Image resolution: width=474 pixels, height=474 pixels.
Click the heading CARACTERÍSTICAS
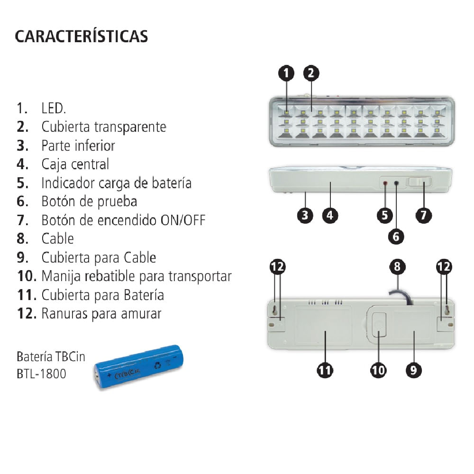(82, 36)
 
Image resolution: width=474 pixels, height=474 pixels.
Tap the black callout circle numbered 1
(286, 73)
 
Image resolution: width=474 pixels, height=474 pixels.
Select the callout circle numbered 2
(310, 73)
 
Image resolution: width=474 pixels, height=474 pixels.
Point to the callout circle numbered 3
(305, 215)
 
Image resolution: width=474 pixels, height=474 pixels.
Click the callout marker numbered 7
(423, 215)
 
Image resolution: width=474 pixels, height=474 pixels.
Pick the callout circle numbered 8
(397, 267)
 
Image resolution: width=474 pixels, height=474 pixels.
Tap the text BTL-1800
(41, 374)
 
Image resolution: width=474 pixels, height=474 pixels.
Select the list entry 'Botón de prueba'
(89, 201)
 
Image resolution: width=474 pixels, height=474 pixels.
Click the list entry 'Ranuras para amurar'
(101, 313)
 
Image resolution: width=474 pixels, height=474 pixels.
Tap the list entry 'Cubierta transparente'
(103, 127)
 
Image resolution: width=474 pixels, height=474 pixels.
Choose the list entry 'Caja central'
(75, 164)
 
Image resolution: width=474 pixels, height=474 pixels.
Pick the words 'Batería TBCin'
(51, 356)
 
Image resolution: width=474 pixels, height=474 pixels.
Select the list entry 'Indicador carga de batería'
(116, 182)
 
